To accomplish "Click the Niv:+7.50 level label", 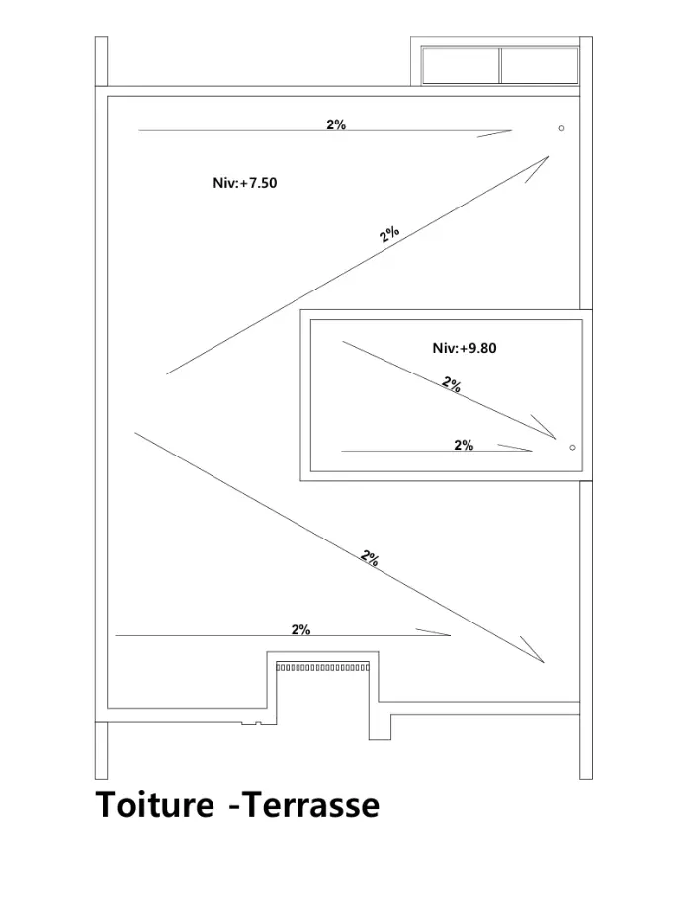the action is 245,183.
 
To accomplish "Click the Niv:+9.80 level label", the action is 465,348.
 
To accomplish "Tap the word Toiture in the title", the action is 155,805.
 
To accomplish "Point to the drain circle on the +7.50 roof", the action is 561,128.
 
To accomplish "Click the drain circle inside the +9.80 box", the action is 572,448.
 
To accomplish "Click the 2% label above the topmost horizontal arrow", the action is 336,124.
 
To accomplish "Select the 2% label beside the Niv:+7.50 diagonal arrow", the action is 389,234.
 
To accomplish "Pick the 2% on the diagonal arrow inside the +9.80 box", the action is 452,384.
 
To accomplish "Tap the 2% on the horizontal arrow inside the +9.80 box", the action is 464,445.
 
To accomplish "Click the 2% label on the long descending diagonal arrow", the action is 370,558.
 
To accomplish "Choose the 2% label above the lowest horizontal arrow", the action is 300,630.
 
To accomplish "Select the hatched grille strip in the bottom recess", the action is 322,667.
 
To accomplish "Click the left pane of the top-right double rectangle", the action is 461,66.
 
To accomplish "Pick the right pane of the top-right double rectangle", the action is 540,66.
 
